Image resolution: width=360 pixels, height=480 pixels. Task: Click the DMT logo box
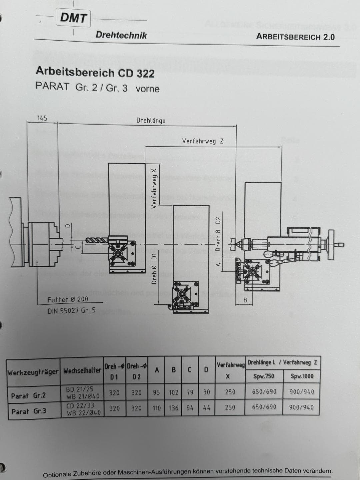coord(73,18)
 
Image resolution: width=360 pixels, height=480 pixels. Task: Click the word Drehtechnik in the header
coord(121,35)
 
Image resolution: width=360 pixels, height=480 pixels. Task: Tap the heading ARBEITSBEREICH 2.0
coord(295,37)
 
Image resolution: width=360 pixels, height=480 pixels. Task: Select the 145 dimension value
coord(42,118)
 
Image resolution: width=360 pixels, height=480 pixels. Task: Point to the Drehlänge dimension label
coord(151,121)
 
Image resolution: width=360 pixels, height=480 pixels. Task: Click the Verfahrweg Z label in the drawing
coord(203,141)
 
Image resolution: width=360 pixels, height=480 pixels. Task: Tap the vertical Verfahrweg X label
coord(154,188)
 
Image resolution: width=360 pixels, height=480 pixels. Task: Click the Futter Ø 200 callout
coord(68,300)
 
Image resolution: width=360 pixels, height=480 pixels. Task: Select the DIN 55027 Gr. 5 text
coord(71,310)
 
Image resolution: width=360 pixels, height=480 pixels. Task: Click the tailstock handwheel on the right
coord(331,245)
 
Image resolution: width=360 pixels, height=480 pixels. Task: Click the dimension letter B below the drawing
coord(245,300)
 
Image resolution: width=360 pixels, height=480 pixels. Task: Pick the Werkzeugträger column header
coord(33,372)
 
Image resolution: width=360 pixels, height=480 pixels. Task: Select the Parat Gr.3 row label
coord(29,411)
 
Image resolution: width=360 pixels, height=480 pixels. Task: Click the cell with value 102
coord(174,392)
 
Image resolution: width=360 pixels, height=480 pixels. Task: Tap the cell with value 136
coord(174,408)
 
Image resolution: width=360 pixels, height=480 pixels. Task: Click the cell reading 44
coord(207,408)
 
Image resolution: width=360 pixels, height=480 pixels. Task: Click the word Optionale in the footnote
coord(57,474)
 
